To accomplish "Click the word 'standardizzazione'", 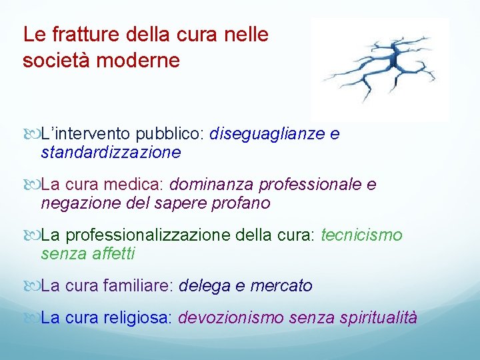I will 111,153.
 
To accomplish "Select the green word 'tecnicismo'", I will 362,235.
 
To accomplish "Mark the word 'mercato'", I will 281,286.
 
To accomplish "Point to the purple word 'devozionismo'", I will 231,318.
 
